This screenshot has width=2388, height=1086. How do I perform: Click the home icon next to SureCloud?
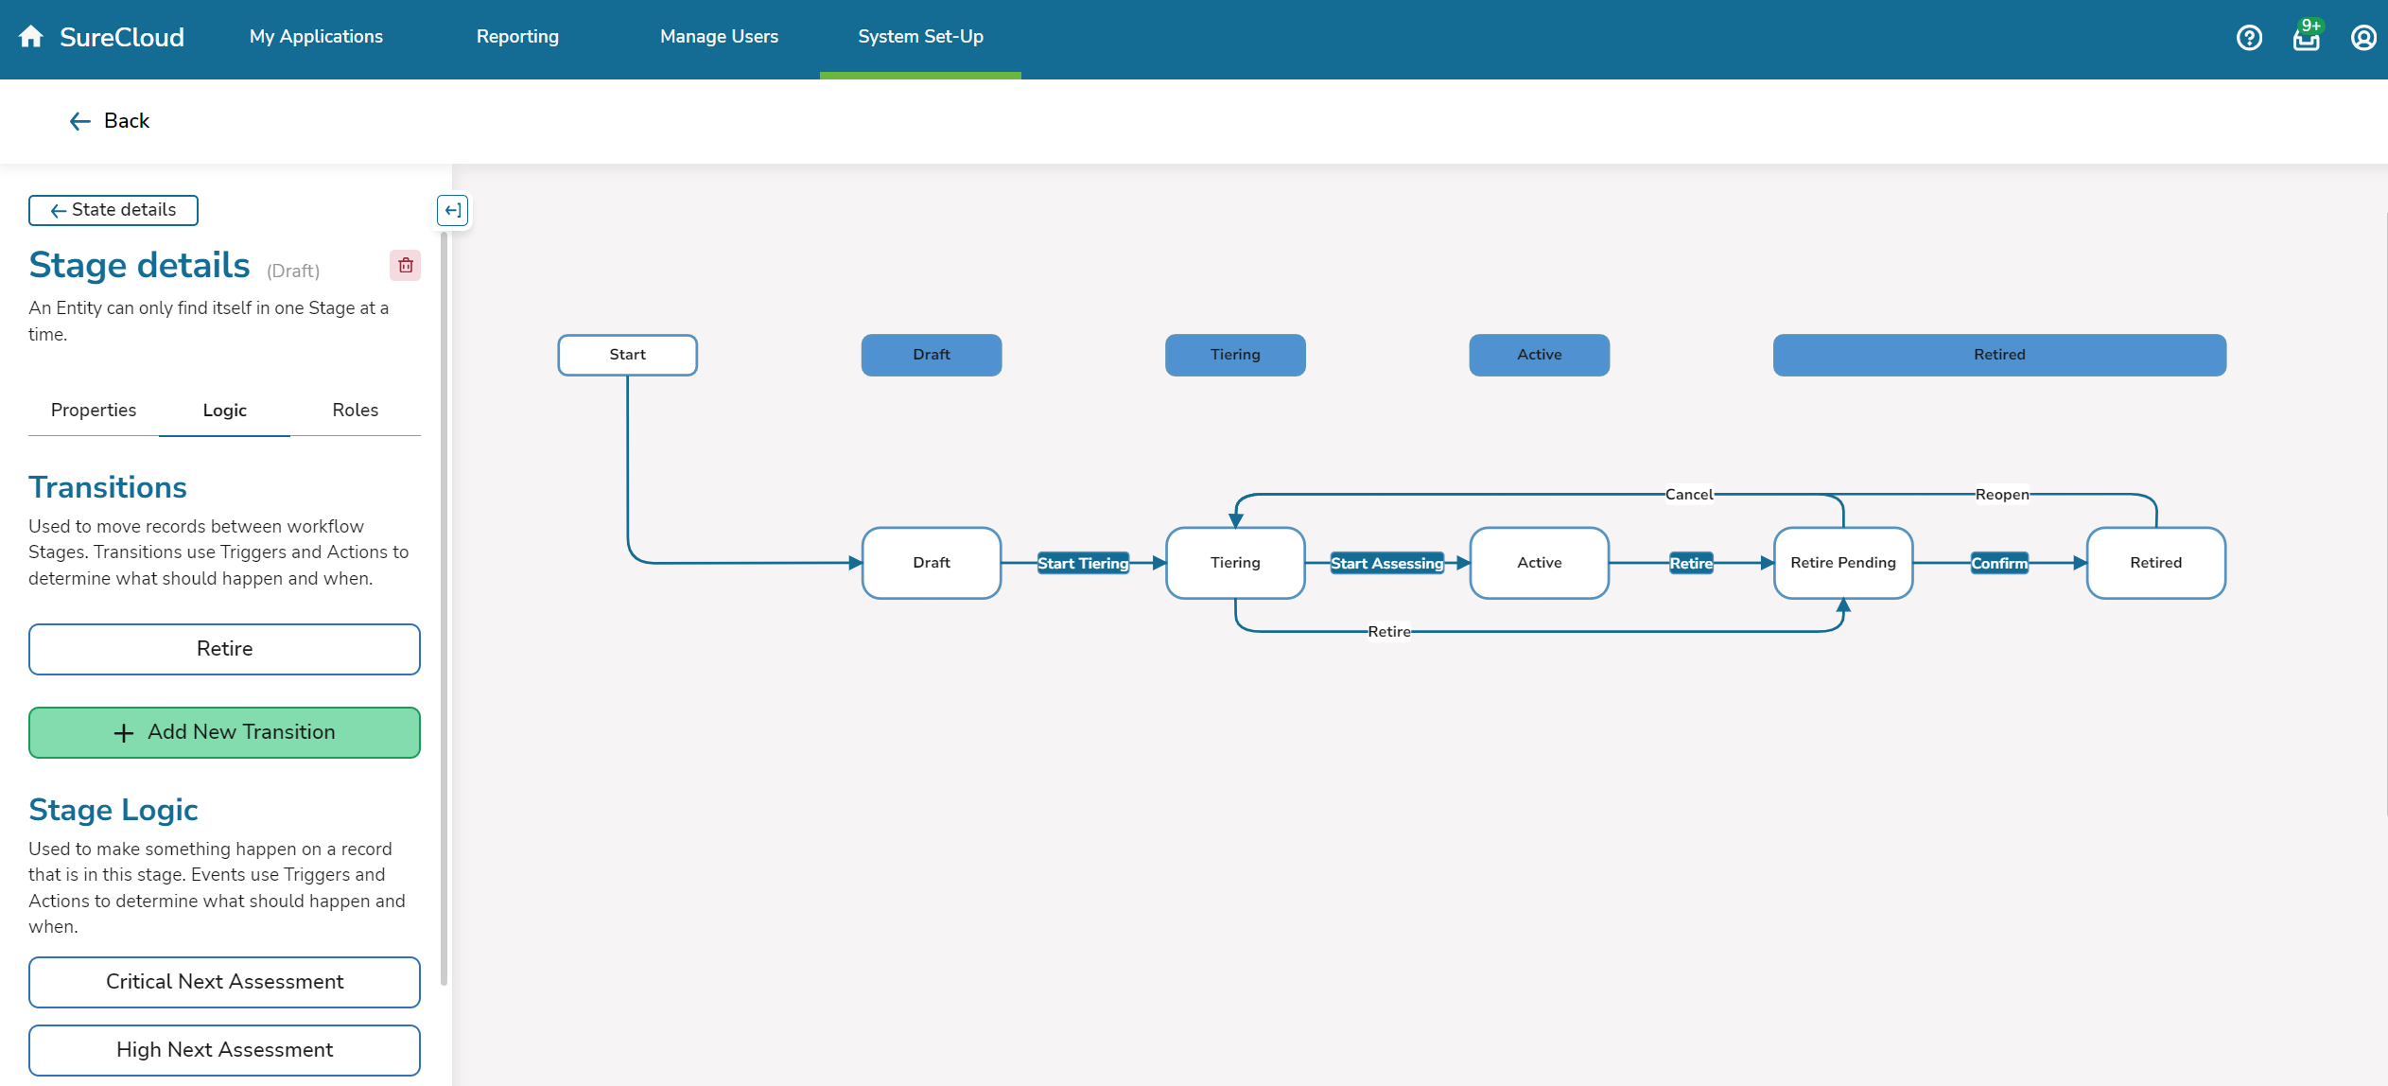pos(31,37)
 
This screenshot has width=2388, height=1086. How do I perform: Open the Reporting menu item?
pos(517,37)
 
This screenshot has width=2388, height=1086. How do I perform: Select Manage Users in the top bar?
pos(719,37)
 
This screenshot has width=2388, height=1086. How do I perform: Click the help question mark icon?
pos(2249,38)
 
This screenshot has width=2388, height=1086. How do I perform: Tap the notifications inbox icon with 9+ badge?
pos(2306,38)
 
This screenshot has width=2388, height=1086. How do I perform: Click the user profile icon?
pos(2362,38)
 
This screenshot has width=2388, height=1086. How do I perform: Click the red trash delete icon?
pos(406,266)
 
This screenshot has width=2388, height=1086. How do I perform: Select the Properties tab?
pos(94,411)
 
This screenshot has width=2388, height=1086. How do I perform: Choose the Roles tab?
pos(355,411)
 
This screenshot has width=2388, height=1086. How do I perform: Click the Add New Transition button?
pos(224,732)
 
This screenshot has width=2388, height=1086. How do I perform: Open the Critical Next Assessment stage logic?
pos(224,982)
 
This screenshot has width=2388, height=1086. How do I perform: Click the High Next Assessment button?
pos(224,1050)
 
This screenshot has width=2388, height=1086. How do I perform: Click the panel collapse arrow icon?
pos(453,210)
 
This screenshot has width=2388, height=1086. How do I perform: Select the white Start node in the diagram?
pos(627,355)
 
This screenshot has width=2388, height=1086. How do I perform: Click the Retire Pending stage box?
pos(1842,563)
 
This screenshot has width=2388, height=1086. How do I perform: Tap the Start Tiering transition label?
pos(1083,564)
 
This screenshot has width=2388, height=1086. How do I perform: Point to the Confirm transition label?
pos(1999,564)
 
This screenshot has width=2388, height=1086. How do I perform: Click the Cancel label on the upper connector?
pos(1689,495)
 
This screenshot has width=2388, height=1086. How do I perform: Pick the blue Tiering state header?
pos(1235,355)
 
